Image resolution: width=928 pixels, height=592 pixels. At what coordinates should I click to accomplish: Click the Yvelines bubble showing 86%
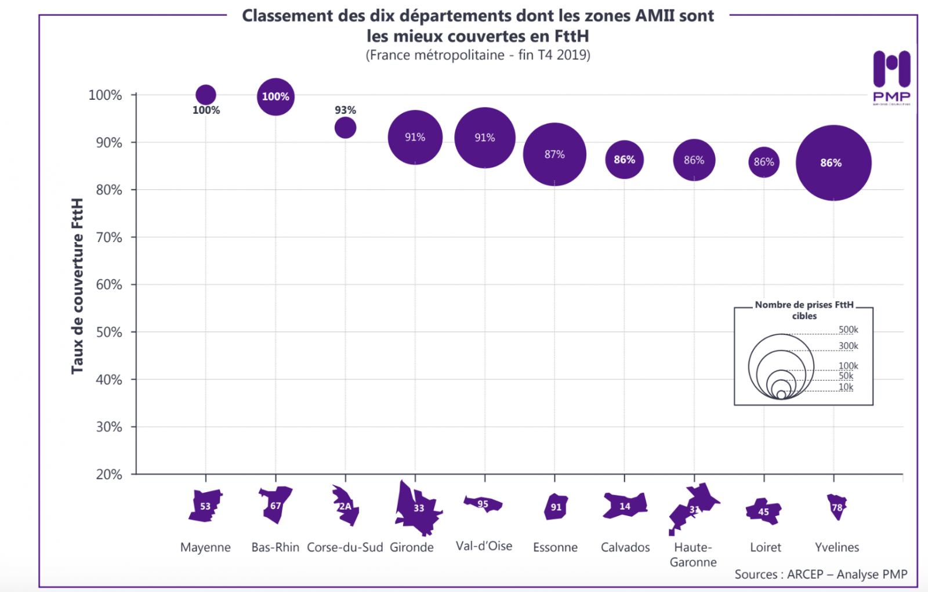tap(833, 163)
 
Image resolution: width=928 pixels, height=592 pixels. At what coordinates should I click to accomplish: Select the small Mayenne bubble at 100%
tap(206, 95)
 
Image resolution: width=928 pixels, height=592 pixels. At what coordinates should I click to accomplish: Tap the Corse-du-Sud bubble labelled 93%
tap(345, 128)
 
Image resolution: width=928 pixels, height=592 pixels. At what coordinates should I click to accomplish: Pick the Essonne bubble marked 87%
tap(554, 154)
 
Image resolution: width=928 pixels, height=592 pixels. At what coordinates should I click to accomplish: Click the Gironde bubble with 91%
tap(415, 138)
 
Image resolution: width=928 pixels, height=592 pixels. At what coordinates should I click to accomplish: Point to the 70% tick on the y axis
tap(109, 237)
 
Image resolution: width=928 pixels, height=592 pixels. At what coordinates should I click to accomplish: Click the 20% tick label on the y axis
tap(109, 474)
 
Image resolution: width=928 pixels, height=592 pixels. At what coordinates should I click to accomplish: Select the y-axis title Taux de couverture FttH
tap(77, 286)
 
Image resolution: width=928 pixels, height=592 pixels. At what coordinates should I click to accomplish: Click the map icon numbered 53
tap(205, 506)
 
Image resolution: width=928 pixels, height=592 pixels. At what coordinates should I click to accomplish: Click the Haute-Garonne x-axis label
tap(693, 555)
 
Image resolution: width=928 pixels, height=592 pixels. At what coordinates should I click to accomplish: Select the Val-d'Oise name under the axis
tap(484, 546)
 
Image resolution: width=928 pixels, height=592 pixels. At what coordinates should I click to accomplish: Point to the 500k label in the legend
tap(848, 330)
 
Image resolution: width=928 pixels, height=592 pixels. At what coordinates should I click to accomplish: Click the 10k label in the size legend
tap(846, 387)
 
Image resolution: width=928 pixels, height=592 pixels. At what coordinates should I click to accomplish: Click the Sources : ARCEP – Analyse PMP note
tap(821, 574)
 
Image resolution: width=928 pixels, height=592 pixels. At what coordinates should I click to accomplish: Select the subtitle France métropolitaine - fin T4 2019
tap(478, 55)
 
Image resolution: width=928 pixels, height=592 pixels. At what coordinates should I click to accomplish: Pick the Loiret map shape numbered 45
tap(763, 511)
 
